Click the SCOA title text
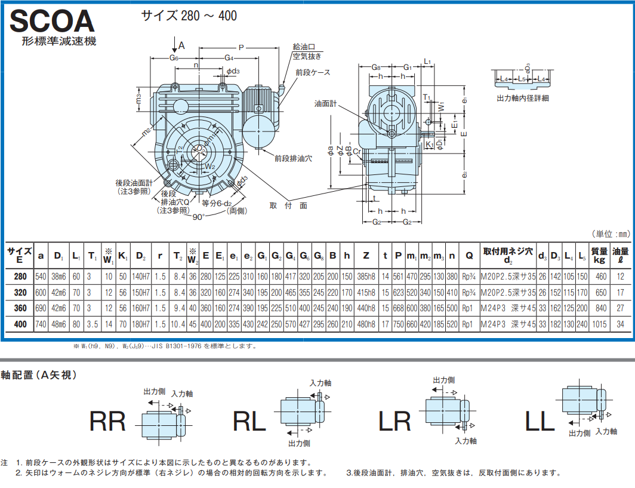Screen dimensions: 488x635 [53, 22]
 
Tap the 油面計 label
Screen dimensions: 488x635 [325, 103]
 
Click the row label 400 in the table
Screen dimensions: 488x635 [20, 324]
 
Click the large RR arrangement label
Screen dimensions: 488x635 [107, 422]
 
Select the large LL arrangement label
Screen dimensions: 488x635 [540, 422]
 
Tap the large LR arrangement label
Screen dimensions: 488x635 [394, 422]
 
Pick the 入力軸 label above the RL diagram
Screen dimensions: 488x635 [320, 383]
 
